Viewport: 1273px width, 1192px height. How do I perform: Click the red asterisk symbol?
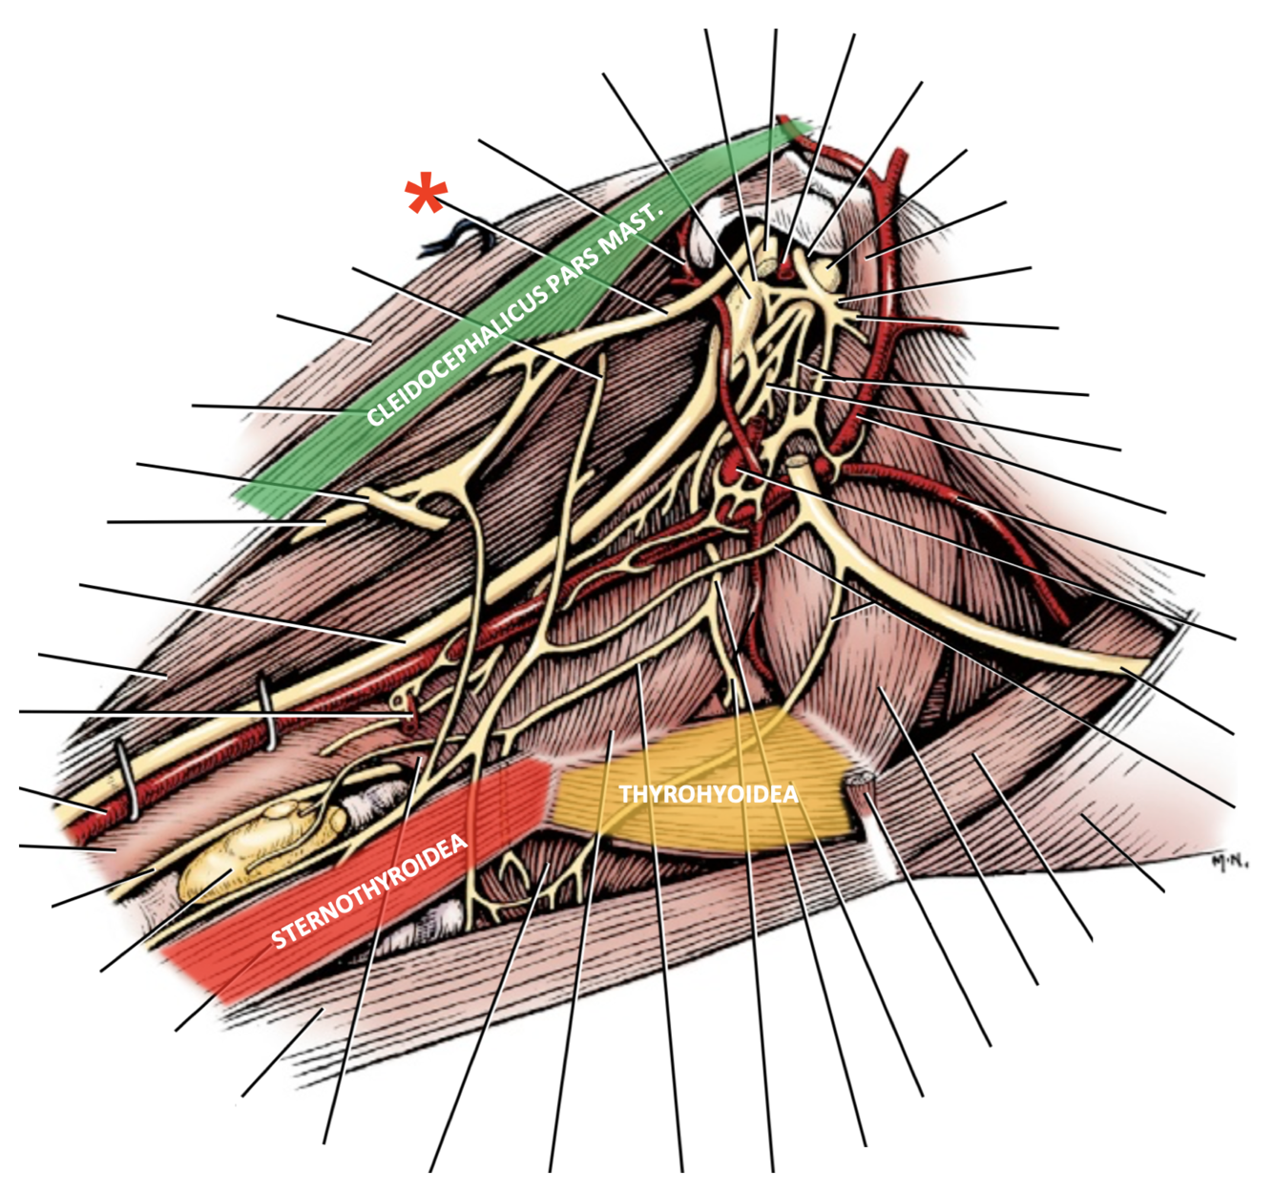click(426, 197)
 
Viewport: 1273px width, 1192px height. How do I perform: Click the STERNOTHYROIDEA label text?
click(370, 891)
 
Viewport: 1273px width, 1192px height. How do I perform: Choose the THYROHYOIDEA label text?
click(708, 794)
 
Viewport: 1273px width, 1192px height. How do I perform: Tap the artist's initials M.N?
click(1230, 862)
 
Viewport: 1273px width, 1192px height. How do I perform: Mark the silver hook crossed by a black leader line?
click(268, 710)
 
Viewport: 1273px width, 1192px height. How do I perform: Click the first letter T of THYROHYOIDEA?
click(625, 794)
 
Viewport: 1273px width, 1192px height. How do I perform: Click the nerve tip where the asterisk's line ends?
click(665, 311)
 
